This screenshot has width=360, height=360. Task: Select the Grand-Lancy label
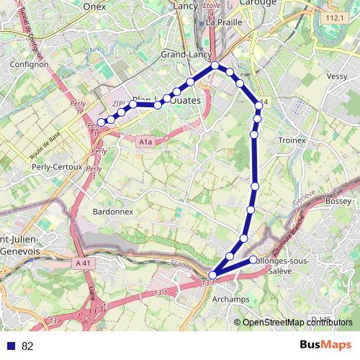[184, 54]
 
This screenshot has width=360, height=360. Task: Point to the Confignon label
[30, 64]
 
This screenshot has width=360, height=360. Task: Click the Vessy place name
[337, 76]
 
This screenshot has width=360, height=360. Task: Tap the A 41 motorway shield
[84, 264]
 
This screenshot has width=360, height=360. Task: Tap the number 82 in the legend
[28, 346]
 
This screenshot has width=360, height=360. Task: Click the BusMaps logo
[325, 346]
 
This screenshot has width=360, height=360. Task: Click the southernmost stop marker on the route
[212, 274]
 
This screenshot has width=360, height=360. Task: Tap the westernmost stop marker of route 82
[102, 122]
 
